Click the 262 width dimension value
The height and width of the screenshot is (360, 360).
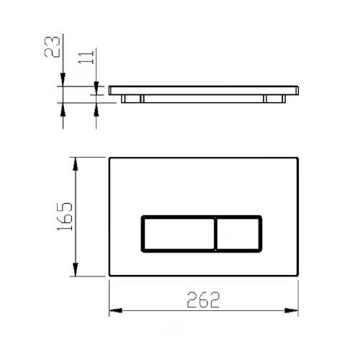pyautogui.click(x=203, y=300)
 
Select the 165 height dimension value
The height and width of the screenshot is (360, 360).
pyautogui.click(x=65, y=217)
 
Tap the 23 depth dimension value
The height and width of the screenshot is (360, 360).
pyautogui.click(x=53, y=47)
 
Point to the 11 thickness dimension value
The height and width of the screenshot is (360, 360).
pyautogui.click(x=86, y=58)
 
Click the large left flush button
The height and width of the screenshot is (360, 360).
pyautogui.click(x=179, y=234)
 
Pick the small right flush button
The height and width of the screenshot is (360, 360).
pyautogui.click(x=238, y=234)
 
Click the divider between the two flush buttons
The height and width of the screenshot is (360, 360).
pyautogui.click(x=215, y=234)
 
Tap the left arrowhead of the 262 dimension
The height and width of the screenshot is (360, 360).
pyautogui.click(x=116, y=310)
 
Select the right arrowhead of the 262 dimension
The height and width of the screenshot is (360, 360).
pyautogui.click(x=292, y=310)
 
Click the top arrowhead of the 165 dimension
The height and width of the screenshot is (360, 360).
pyautogui.click(x=76, y=164)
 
